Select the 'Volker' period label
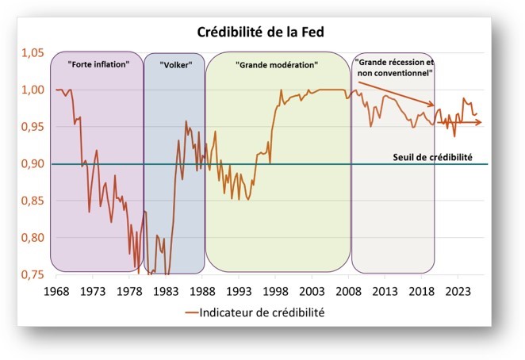click(174, 64)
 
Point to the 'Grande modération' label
click(277, 64)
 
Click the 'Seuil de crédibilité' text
click(432, 157)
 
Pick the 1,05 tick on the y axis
click(32, 53)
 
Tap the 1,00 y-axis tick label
click(32, 90)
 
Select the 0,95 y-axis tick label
click(32, 127)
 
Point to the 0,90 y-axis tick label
click(32, 164)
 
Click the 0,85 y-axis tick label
click(32, 201)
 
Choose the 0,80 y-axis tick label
click(32, 238)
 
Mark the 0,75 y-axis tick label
click(32, 274)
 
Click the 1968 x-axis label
click(56, 289)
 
